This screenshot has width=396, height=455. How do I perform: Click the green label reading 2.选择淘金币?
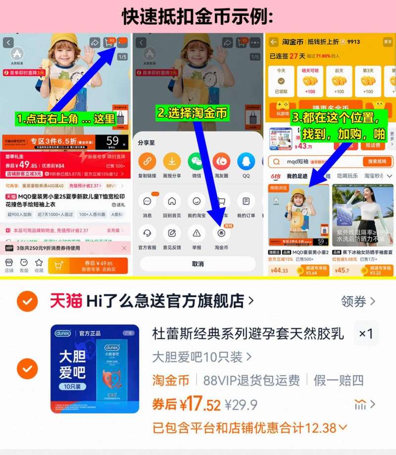point(193,114)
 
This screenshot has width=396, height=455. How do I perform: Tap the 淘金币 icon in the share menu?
point(221,233)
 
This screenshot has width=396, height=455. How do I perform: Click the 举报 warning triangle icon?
point(197,233)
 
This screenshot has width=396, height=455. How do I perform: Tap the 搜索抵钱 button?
point(377,162)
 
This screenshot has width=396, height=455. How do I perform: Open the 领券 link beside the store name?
point(358,301)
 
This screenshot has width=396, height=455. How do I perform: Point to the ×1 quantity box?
point(366,334)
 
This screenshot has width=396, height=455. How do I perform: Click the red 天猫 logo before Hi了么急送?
point(66,301)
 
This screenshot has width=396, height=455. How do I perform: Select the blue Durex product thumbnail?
point(95,369)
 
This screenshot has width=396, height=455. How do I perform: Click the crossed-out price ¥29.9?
point(241,405)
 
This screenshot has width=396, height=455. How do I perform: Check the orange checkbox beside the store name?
point(27,301)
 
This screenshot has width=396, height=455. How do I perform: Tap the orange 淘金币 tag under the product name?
point(171,380)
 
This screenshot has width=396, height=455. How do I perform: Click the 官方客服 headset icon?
point(147,233)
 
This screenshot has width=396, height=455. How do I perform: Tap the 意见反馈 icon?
point(172,233)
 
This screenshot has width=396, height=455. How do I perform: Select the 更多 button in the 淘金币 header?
point(388,42)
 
